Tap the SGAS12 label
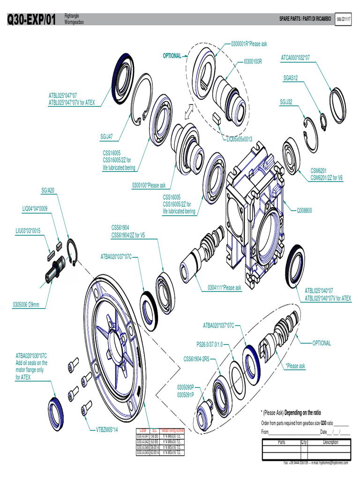(x=291, y=78)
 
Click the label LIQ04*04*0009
(x=35, y=208)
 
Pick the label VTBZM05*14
(x=107, y=429)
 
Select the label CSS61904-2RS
(x=200, y=359)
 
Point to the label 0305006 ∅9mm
(x=26, y=305)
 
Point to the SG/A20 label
(x=48, y=190)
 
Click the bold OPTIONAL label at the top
(x=172, y=56)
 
